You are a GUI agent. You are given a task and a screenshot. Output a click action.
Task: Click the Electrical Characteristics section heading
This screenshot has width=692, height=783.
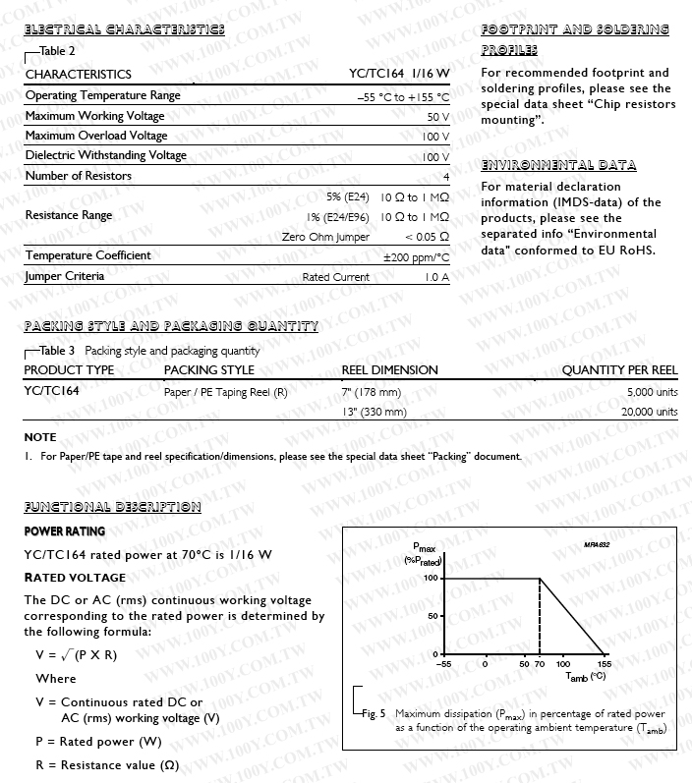pos(124,29)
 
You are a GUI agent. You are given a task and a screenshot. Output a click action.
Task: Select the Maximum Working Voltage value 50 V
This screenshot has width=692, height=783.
pos(437,116)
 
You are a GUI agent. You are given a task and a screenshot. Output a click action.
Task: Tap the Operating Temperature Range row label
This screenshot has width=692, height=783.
pos(102,95)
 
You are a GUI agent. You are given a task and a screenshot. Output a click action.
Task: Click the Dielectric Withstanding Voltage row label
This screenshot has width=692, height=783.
pos(105,155)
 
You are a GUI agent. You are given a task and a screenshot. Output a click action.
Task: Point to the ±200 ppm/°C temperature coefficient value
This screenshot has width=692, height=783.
pos(416,256)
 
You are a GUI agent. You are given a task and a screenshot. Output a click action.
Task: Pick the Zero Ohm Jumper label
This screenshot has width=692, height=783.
pos(325,237)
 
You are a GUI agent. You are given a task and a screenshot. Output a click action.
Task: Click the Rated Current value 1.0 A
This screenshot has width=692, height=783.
pos(436,277)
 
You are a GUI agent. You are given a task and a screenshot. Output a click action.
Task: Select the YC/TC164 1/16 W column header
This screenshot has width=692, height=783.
pos(399,75)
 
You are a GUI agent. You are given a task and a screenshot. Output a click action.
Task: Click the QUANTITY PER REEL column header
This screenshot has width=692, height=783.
pos(619,370)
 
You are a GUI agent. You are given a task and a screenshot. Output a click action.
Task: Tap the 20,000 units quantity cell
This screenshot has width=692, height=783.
pos(649,412)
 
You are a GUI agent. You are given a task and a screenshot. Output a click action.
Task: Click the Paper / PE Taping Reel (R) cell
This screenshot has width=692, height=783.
pos(225,392)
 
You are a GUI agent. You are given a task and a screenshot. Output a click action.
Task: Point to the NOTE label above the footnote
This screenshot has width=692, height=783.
pos(40,437)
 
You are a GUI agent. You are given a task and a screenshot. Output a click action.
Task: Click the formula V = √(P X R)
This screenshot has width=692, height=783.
pos(76,655)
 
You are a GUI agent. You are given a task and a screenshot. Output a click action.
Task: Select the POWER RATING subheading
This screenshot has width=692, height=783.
pos(64,531)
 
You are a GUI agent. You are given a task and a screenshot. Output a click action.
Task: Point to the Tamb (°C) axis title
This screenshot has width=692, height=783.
pos(586,677)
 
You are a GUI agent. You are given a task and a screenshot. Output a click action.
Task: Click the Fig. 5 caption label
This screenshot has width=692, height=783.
pos(372,713)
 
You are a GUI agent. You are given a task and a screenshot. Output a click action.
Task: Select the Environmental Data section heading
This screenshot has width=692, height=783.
pos(558,165)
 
